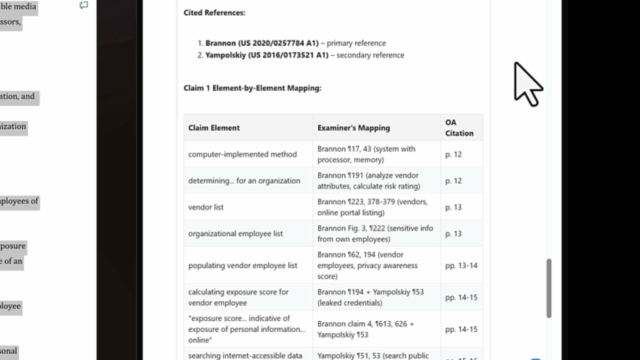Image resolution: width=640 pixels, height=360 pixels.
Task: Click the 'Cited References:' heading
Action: point(214,12)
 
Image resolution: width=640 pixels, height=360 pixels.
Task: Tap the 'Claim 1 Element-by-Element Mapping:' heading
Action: point(252,88)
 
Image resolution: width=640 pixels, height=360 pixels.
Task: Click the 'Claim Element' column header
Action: point(214,128)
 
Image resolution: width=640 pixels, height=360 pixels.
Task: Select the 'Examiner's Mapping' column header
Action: point(353,128)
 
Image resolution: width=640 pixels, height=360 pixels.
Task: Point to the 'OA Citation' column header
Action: point(459,127)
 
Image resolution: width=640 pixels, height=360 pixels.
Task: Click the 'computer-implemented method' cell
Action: point(242,154)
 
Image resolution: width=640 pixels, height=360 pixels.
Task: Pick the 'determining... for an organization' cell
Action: point(244,181)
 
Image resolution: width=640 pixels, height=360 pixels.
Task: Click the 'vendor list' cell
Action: point(206,207)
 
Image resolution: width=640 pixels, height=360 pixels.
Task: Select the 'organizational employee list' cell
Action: point(236,234)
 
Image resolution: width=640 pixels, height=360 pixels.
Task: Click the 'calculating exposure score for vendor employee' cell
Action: point(238,297)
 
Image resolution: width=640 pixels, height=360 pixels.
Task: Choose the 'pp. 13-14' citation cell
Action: point(461,266)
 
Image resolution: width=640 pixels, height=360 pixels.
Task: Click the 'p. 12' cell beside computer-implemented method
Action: point(453,154)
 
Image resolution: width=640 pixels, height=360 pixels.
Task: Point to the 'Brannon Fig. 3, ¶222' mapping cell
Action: point(375,234)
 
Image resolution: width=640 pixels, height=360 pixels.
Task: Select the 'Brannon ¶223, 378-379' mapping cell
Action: point(372,207)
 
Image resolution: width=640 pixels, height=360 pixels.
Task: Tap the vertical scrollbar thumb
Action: point(549,288)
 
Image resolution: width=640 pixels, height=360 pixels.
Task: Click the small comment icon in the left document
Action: point(84,5)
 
